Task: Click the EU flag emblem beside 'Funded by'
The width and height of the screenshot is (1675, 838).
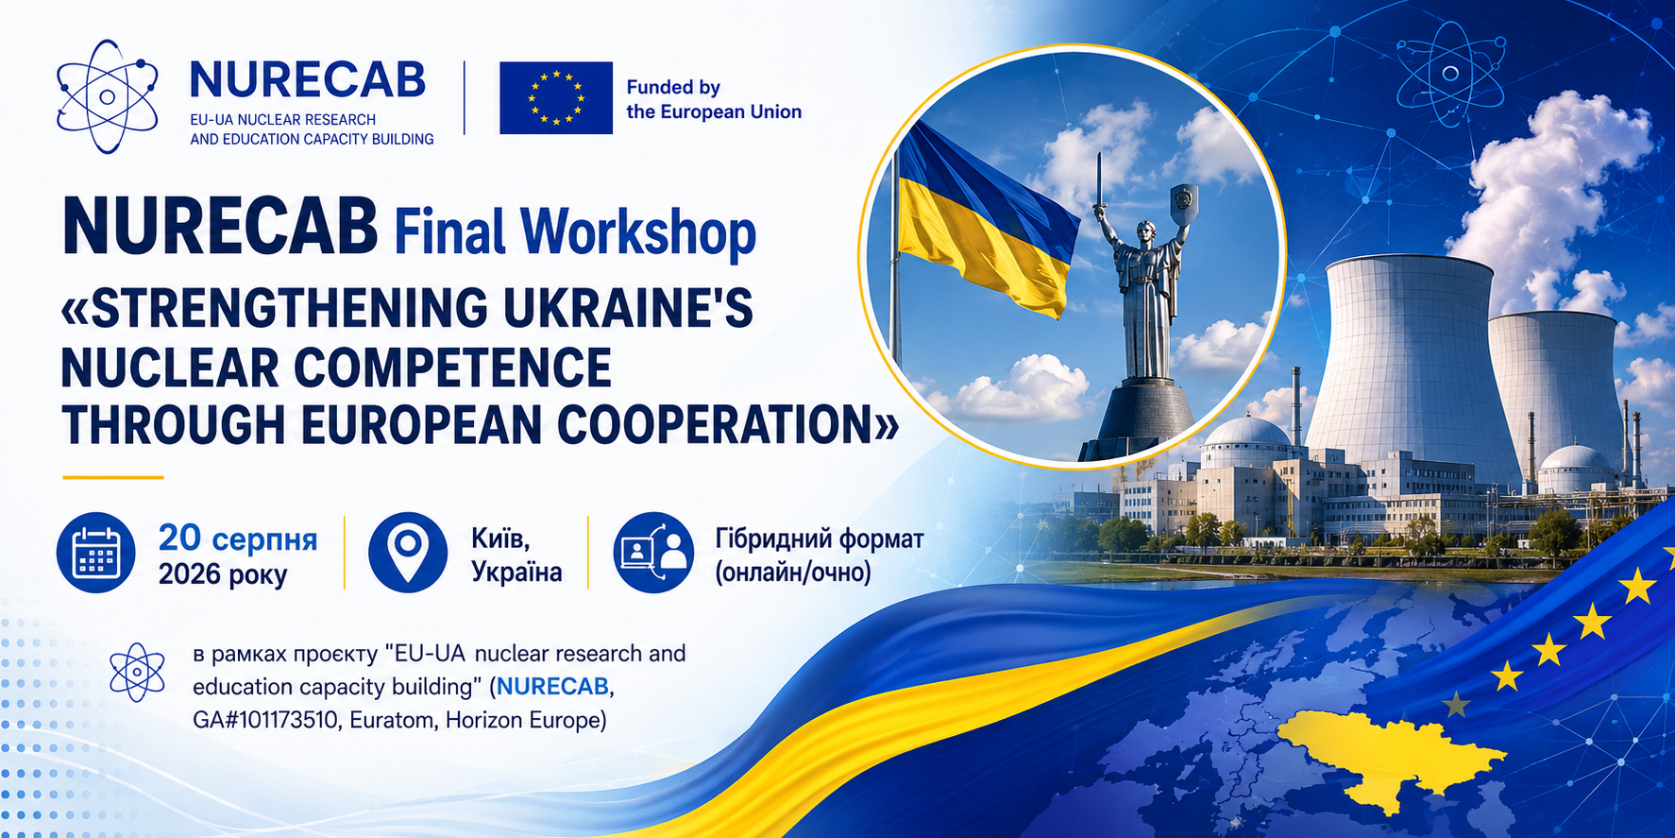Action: click(556, 97)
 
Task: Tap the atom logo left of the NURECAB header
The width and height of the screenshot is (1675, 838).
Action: click(107, 96)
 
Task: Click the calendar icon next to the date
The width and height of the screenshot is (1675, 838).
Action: click(96, 553)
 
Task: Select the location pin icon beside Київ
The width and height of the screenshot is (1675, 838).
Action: click(408, 553)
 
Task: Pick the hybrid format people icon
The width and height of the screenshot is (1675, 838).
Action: click(653, 553)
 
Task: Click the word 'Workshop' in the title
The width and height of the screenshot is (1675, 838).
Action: click(638, 231)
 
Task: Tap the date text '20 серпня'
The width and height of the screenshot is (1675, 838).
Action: click(238, 539)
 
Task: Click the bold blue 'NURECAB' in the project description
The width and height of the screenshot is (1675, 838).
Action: click(552, 687)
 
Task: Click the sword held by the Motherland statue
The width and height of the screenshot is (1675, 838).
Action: click(1099, 184)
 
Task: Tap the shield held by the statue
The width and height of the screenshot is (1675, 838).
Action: click(1184, 200)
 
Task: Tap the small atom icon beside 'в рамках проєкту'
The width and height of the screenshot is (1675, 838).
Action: click(138, 673)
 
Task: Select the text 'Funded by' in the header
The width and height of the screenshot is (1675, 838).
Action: click(673, 88)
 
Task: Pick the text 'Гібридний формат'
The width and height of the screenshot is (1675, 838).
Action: click(820, 539)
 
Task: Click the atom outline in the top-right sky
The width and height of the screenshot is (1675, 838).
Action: click(1450, 74)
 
